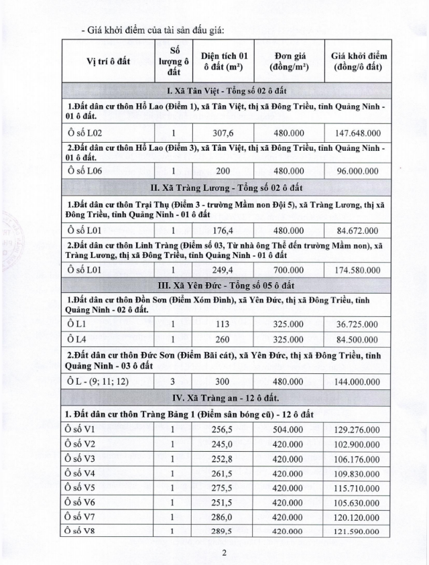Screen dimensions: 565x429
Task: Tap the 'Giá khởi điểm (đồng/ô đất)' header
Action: point(359,62)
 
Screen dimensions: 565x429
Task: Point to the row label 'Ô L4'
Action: point(74,338)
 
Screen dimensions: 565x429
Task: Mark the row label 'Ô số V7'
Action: point(80,517)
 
